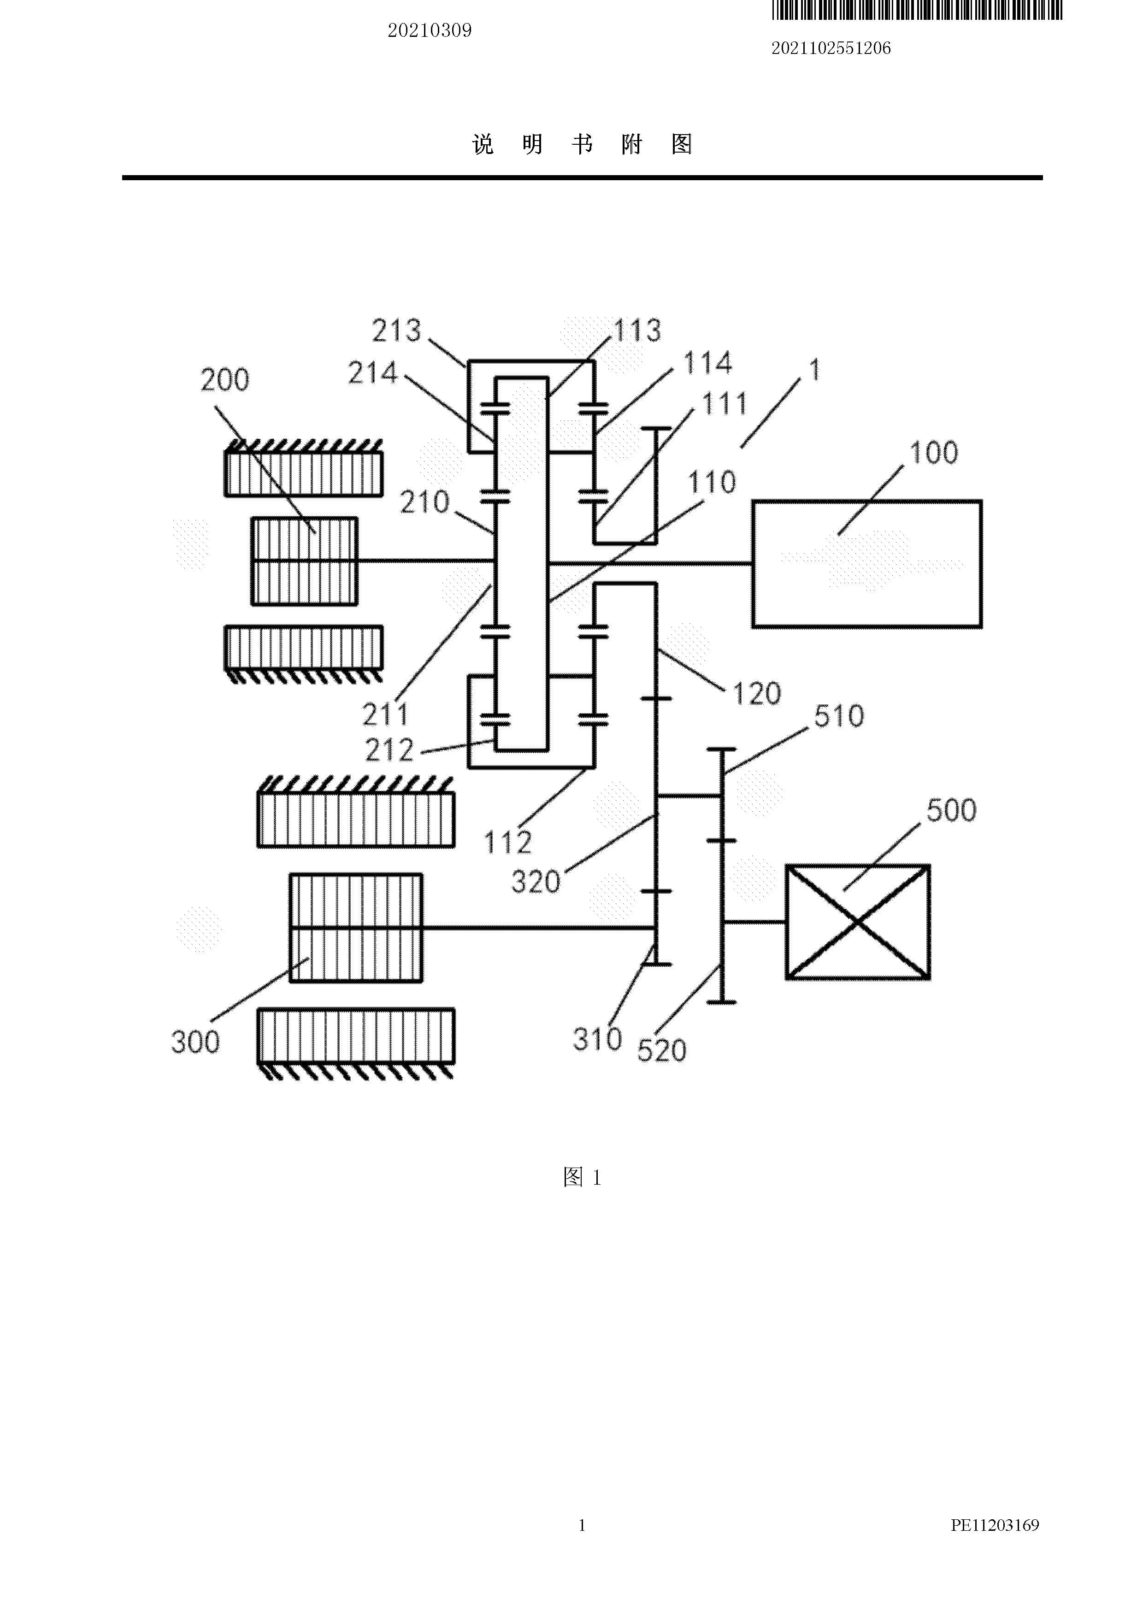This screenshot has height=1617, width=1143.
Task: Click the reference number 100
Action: tap(934, 453)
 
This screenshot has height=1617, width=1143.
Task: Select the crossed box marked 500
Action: tap(858, 922)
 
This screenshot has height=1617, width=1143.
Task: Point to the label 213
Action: tap(396, 331)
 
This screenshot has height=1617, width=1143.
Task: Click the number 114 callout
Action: tap(708, 363)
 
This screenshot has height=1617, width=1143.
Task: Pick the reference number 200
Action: tap(224, 380)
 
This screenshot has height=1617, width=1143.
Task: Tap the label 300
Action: tap(195, 1042)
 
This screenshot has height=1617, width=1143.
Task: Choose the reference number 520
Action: tap(661, 1051)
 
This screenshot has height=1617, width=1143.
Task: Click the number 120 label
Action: tap(757, 694)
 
